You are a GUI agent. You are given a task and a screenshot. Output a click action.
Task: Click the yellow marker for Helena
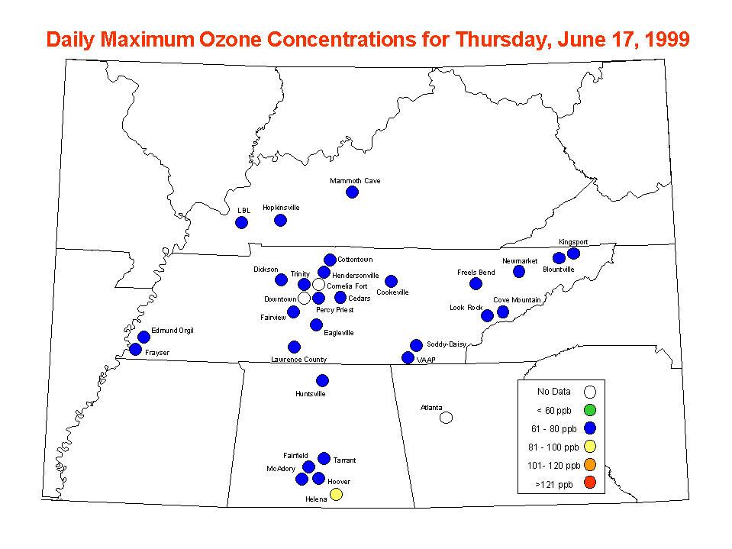click(x=336, y=494)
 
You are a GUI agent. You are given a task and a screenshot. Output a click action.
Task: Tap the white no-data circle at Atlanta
click(x=446, y=418)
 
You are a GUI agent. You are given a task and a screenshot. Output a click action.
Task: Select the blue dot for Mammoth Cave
click(x=352, y=192)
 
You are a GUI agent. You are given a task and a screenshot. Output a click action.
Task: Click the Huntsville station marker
click(x=322, y=380)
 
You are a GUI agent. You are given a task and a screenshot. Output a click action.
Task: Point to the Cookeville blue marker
click(x=392, y=281)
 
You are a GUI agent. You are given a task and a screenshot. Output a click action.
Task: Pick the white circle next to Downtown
click(x=304, y=297)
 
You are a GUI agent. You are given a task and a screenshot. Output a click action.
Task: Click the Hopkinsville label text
click(x=281, y=208)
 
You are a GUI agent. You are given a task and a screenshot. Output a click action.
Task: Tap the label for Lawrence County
click(x=298, y=360)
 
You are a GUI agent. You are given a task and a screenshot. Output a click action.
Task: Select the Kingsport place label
click(x=573, y=242)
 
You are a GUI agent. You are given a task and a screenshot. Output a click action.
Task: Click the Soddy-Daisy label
click(x=447, y=344)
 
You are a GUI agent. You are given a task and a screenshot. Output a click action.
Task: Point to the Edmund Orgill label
click(x=173, y=331)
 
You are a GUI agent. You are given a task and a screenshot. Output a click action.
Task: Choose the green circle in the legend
click(x=589, y=410)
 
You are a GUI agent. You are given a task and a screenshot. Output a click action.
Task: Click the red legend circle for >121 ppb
click(x=589, y=483)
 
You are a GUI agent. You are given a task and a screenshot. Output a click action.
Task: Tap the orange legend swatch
click(x=589, y=464)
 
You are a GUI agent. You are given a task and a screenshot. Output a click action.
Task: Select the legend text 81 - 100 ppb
click(x=553, y=447)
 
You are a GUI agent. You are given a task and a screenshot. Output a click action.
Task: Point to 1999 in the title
click(x=667, y=39)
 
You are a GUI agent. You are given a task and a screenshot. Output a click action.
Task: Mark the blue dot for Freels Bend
click(x=476, y=283)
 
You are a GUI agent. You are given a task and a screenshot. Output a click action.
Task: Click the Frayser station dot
click(x=135, y=349)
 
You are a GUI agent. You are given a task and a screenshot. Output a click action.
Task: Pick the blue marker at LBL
click(x=241, y=223)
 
